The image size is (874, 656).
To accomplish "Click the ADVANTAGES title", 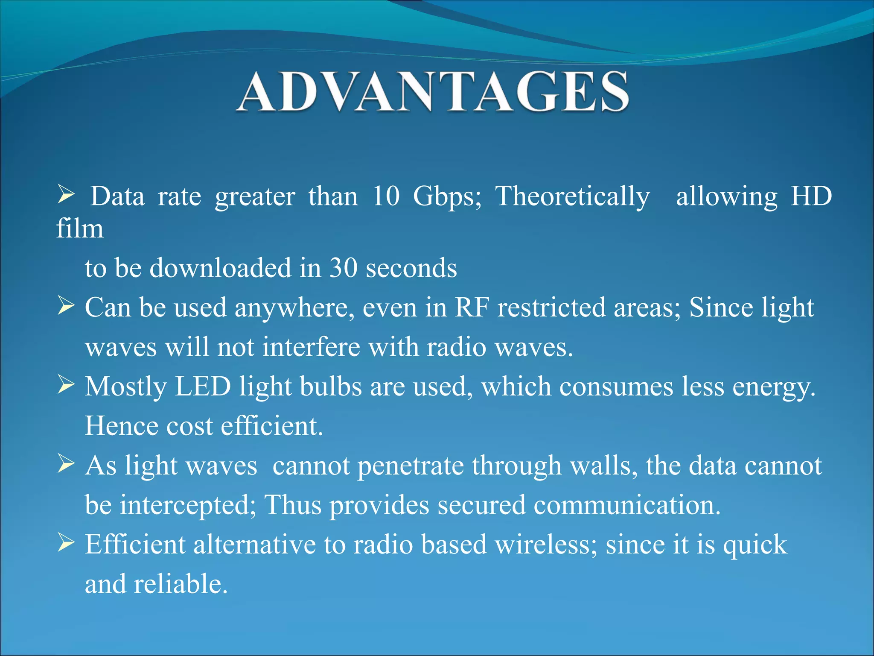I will (432, 92).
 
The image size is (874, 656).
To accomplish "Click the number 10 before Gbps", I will (386, 197).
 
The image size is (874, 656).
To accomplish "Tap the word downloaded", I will (220, 268).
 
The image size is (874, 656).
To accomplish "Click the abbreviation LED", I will (203, 387).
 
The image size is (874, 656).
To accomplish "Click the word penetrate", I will (411, 466).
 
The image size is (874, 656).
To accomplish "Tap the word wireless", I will (545, 545).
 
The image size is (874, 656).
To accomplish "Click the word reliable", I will (181, 584).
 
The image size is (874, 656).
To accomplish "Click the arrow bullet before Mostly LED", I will (66, 385).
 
